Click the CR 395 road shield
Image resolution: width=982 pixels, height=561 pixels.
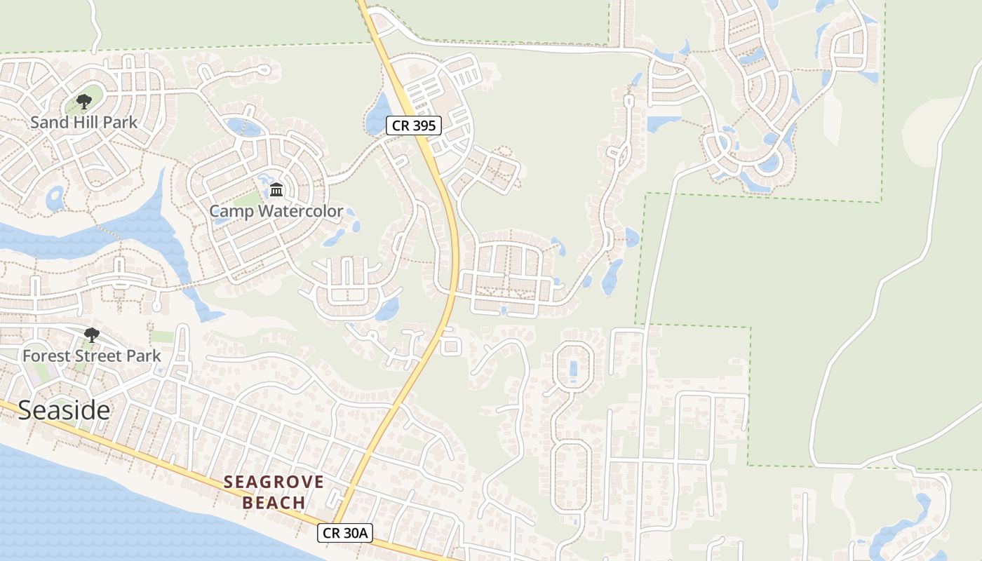[x=414, y=126]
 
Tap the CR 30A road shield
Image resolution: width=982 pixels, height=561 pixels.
[x=344, y=533]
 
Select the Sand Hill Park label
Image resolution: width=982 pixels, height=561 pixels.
[x=83, y=122]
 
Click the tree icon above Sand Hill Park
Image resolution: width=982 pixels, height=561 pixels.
[x=84, y=102]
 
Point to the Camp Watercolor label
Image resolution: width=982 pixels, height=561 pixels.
[x=276, y=211]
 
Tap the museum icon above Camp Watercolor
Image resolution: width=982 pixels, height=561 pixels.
[x=276, y=189]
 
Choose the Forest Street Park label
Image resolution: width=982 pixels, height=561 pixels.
[x=91, y=356]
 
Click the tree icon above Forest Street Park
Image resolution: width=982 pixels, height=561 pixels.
[x=91, y=334]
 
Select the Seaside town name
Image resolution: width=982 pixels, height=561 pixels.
[x=64, y=410]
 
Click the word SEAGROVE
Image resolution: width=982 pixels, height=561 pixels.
[x=274, y=482]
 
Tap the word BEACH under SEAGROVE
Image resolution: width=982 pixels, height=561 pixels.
[x=274, y=503]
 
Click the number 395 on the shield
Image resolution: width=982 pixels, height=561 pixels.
[x=423, y=126]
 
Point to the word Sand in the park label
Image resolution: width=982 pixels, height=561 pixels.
[x=50, y=122]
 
